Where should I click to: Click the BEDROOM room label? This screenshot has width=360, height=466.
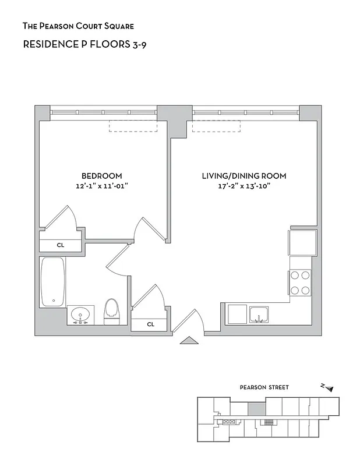(x=101, y=176)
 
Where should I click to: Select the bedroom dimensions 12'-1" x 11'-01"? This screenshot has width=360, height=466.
(x=101, y=186)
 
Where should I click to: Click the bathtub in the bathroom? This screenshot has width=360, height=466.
(x=53, y=281)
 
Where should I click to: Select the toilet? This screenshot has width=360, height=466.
(x=111, y=311)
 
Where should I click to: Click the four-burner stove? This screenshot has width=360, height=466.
(x=300, y=283)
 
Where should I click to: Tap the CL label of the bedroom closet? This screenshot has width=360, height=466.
(x=60, y=245)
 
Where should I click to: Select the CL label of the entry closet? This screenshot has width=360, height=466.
(x=150, y=324)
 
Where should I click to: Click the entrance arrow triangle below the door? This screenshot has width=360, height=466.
(x=189, y=341)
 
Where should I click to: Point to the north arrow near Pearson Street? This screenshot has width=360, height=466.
(x=328, y=387)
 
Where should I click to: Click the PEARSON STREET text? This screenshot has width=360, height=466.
(x=264, y=387)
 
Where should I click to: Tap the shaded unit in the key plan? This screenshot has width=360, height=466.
(x=255, y=408)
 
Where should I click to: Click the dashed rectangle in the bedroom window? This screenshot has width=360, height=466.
(x=133, y=126)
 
